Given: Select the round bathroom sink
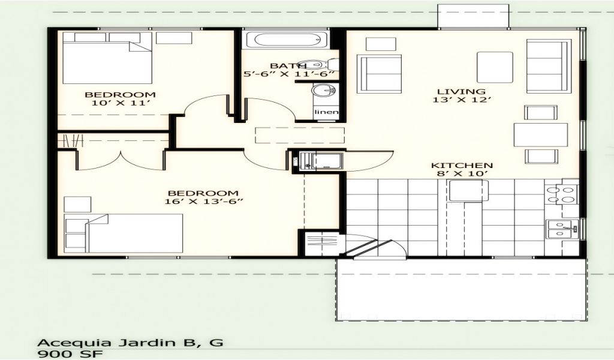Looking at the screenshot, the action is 323,91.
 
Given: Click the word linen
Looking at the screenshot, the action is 326,112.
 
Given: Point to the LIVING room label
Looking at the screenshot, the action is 461,91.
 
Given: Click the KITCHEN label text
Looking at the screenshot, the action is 462,166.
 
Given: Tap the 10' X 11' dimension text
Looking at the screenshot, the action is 121,103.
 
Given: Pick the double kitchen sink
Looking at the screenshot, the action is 562,229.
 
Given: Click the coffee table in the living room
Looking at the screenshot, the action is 495,67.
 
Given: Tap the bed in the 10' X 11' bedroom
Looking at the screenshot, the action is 107,58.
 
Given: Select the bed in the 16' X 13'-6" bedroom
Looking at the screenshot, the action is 124,233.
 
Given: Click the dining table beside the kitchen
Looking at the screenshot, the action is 540,135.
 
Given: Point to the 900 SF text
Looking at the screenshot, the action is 70,354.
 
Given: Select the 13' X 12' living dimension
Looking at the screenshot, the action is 462,100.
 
